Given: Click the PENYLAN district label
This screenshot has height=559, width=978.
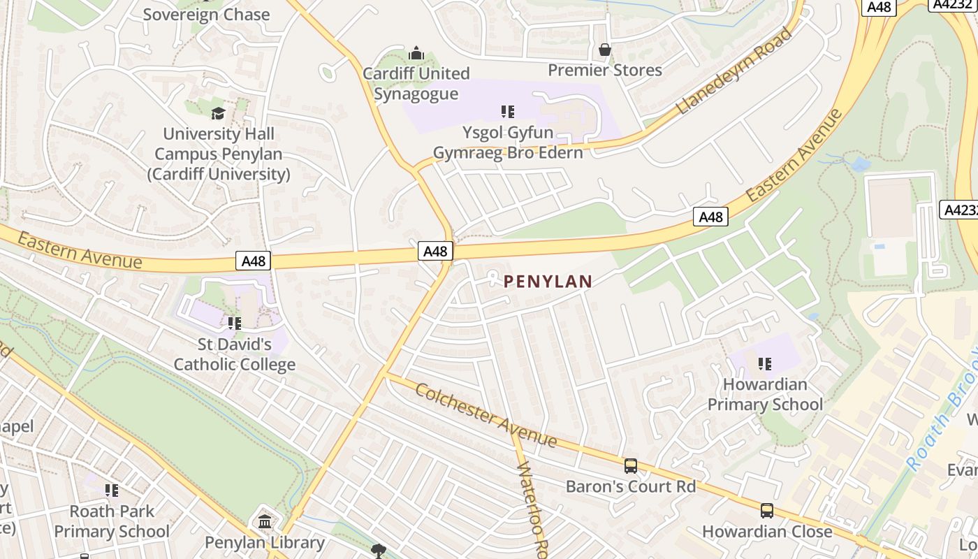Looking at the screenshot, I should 548,282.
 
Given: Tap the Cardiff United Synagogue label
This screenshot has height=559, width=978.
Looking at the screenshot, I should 416,84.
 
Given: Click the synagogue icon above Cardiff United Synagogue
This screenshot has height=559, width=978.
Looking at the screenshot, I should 416,53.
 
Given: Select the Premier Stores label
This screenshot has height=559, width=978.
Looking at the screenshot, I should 605,70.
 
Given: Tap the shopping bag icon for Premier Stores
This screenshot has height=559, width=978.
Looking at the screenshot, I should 605,50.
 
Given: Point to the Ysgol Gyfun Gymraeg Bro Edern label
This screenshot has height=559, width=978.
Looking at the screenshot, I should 508,143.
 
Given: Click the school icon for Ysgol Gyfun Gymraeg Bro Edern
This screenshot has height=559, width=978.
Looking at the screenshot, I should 508,111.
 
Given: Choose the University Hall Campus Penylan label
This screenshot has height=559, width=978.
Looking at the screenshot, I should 219,154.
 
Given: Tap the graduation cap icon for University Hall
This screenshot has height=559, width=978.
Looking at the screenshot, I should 219,113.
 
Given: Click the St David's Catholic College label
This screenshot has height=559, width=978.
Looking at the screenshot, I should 234,354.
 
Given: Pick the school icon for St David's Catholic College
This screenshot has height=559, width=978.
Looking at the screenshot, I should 234,323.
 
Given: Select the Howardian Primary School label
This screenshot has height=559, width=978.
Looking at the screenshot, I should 765,394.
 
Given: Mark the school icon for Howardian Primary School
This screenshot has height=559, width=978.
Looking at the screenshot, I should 765,363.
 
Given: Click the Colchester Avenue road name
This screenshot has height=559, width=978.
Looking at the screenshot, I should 486,415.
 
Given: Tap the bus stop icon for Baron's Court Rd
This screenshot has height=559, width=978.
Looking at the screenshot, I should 631,465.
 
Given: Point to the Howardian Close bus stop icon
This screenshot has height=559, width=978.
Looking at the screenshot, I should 767,511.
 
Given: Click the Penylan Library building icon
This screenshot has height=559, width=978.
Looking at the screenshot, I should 265,521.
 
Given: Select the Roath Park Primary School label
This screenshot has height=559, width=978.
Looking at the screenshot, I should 112,521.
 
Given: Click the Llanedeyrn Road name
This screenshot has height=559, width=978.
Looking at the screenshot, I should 735,71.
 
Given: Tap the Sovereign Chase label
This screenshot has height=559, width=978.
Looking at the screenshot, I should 206,14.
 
